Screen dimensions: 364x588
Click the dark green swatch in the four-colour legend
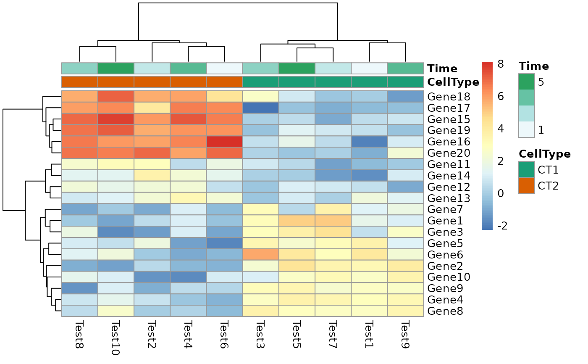click(526, 82)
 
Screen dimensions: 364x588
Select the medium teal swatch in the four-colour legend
click(526, 98)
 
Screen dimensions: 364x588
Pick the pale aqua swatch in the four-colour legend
click(526, 113)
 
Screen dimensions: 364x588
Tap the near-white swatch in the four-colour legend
click(526, 129)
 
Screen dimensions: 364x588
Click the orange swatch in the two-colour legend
click(526, 185)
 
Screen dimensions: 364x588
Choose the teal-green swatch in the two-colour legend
click(526, 169)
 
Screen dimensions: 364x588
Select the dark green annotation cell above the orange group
click(116, 68)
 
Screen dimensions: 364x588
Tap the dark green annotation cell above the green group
click(297, 68)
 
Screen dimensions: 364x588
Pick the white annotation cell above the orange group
click(224, 68)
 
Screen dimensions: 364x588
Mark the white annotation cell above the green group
click(369, 68)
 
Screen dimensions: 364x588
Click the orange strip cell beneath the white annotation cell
click(224, 82)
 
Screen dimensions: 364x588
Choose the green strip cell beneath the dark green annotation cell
click(297, 82)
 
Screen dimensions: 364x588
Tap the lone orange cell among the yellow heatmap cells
click(260, 254)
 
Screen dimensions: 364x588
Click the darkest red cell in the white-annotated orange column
click(224, 141)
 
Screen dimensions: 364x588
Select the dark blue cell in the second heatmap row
click(260, 108)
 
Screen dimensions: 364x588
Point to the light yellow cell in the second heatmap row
click(152, 108)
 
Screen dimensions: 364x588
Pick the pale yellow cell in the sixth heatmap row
click(405, 153)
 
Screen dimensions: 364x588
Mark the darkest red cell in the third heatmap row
click(116, 119)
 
